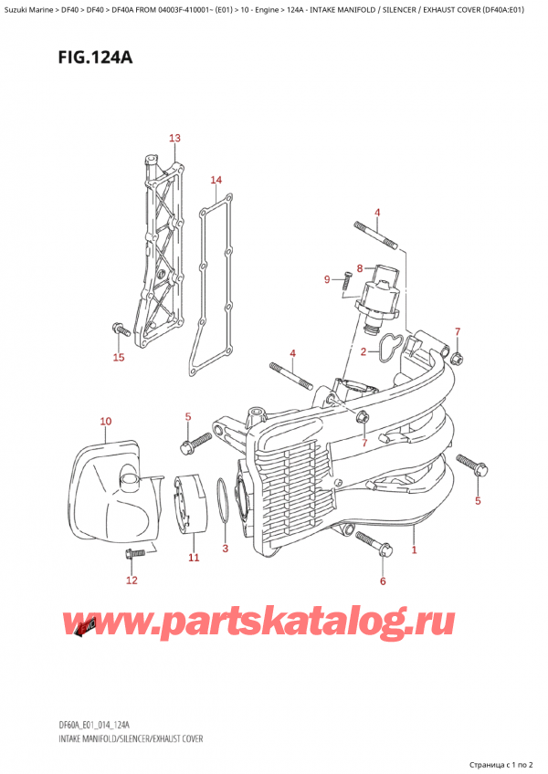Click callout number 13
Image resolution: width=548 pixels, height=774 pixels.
(x=174, y=138)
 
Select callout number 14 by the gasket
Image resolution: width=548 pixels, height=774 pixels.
(x=216, y=180)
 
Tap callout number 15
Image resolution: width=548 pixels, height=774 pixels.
(x=118, y=357)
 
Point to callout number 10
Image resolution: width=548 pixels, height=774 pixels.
(x=105, y=421)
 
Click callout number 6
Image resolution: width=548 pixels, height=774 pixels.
(x=383, y=580)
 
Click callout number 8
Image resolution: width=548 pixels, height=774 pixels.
(x=360, y=267)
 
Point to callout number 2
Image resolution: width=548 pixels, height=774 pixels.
(x=364, y=351)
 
